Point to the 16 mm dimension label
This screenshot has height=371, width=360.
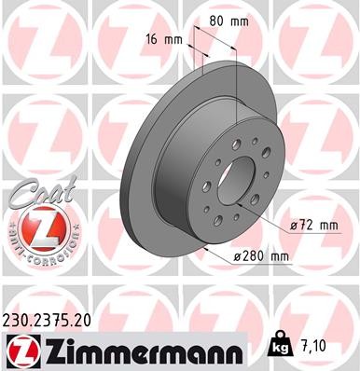[x=164, y=40]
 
